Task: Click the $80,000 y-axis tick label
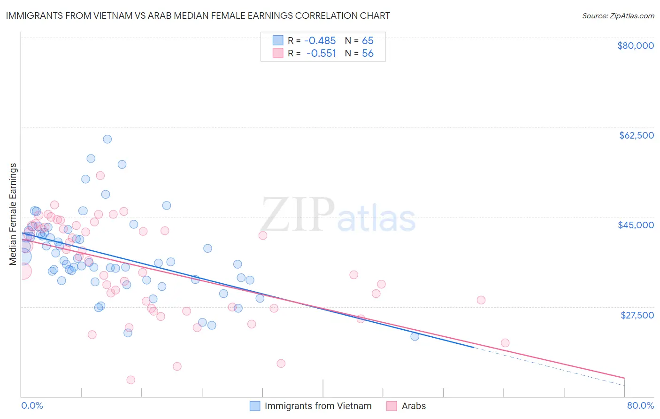[x=635, y=46]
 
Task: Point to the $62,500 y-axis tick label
[x=636, y=135]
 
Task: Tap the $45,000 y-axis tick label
[x=636, y=225]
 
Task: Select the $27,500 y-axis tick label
[x=637, y=315]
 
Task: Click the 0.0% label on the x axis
[x=32, y=405]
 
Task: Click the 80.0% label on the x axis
[x=640, y=405]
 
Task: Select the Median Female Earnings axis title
[x=13, y=214]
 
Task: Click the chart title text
[x=198, y=16]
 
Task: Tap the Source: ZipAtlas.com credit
[x=618, y=16]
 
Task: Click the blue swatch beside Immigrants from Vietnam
[x=255, y=406]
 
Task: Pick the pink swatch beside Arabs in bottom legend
[x=392, y=406]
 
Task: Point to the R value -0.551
[x=322, y=54]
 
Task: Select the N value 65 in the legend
[x=368, y=41]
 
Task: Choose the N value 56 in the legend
[x=368, y=54]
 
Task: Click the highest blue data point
[x=107, y=139]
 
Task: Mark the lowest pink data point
[x=131, y=380]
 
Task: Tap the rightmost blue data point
[x=414, y=336]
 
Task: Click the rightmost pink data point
[x=505, y=343]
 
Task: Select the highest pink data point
[x=100, y=176]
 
